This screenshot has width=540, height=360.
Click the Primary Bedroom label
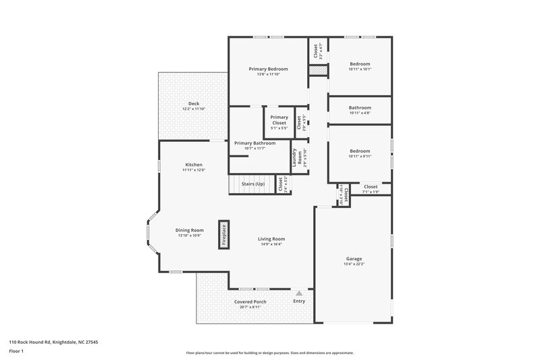[268, 69]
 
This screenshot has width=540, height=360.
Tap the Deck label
[194, 103]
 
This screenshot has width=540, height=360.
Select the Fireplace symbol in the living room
[224, 235]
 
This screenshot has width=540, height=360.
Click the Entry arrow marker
[299, 293]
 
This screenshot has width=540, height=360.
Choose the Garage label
[354, 259]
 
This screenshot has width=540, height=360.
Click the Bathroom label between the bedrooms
[360, 107]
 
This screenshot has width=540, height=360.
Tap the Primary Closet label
[279, 120]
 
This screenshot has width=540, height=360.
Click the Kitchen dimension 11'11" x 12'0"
[193, 170]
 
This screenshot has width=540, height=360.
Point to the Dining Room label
[190, 230]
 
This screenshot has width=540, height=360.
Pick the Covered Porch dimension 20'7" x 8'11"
[250, 307]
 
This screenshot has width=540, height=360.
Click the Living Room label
[271, 238]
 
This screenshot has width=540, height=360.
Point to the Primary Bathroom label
[254, 143]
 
